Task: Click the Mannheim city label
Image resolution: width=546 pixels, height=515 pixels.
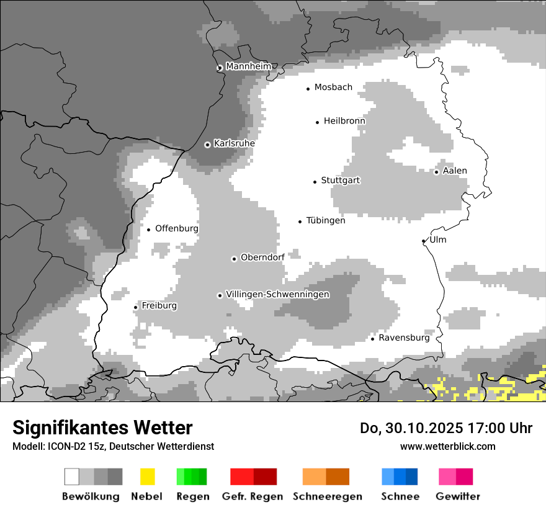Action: pos(248,66)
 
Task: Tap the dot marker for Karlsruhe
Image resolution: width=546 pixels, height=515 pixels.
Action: pos(208,145)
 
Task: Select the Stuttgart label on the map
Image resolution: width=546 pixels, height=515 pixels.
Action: pos(340,181)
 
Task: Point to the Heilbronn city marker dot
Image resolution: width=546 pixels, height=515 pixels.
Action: pos(317,122)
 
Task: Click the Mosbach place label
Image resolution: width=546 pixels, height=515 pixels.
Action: pos(333,87)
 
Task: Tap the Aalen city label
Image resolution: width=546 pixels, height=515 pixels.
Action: pos(455,171)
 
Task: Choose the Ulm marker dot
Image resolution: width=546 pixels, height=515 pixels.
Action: pos(423,241)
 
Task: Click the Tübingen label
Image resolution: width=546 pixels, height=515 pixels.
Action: pos(326,220)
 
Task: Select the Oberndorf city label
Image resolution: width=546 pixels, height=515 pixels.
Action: pos(262,257)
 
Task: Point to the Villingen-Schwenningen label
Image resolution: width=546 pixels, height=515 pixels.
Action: pos(277,294)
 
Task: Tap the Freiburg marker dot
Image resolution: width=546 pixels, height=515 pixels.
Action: pos(135,307)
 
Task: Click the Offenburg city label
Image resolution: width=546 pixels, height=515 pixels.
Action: pos(177,228)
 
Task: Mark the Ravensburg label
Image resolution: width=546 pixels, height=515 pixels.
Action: pos(404,338)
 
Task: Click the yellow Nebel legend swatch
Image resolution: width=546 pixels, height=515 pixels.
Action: pos(147,477)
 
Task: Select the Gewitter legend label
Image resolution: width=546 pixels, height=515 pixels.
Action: pos(458,496)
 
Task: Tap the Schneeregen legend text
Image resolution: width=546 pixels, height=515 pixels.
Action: pos(328,496)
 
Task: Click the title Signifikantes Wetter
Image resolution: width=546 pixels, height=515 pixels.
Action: pos(102,428)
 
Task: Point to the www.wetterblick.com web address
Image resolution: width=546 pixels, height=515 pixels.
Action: pos(447,446)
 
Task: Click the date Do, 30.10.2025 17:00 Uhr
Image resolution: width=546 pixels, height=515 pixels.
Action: pos(446,428)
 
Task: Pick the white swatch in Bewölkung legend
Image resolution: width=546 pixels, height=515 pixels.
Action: pos(72,477)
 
